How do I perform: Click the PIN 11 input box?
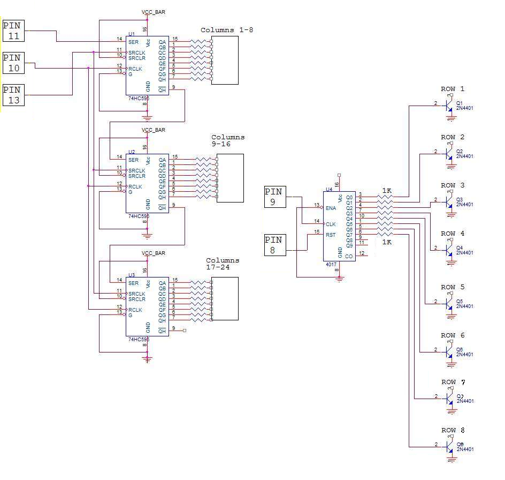(x=13, y=31)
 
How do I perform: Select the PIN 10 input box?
(x=13, y=63)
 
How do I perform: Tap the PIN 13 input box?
(x=13, y=95)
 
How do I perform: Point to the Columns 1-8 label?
(x=226, y=30)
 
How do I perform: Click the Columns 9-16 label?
(x=228, y=140)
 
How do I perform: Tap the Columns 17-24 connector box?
(x=225, y=299)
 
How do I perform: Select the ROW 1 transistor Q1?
(x=448, y=106)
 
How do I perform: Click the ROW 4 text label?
(x=453, y=234)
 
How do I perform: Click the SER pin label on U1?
(x=133, y=39)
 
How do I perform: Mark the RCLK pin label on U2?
(x=135, y=186)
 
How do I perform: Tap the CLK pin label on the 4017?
(x=331, y=224)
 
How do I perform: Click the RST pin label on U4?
(x=331, y=235)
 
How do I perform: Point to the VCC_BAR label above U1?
(x=153, y=12)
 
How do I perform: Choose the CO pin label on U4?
(x=349, y=257)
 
